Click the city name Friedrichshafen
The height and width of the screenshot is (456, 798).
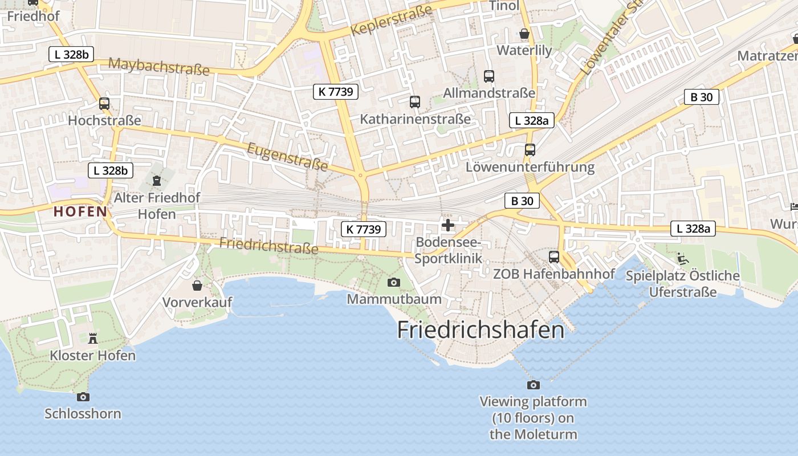(x=481, y=330)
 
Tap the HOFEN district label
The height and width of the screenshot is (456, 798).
(x=80, y=211)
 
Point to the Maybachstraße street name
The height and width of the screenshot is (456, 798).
(x=158, y=66)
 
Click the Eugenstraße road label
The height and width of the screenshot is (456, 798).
(x=287, y=156)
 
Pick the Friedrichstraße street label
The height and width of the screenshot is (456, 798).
(x=268, y=246)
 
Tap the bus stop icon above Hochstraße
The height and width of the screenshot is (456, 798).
(x=104, y=104)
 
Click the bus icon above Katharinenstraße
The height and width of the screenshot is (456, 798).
(x=415, y=102)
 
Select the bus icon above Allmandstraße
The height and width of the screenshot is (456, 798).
(x=489, y=76)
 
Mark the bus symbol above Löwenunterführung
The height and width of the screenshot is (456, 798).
(x=530, y=150)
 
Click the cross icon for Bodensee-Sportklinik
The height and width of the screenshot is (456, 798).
(x=448, y=225)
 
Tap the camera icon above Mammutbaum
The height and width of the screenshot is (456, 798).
(x=393, y=282)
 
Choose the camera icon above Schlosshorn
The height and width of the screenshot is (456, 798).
(x=83, y=397)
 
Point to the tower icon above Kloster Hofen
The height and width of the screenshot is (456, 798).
(x=93, y=338)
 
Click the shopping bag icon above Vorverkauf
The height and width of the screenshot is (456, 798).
(x=197, y=285)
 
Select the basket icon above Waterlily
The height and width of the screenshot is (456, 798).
(x=524, y=34)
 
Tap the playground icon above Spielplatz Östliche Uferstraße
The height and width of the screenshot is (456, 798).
(x=682, y=259)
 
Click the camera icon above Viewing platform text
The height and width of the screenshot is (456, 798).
(x=534, y=385)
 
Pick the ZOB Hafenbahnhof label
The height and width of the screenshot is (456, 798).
(x=553, y=274)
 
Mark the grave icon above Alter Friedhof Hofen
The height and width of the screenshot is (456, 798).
(x=157, y=181)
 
